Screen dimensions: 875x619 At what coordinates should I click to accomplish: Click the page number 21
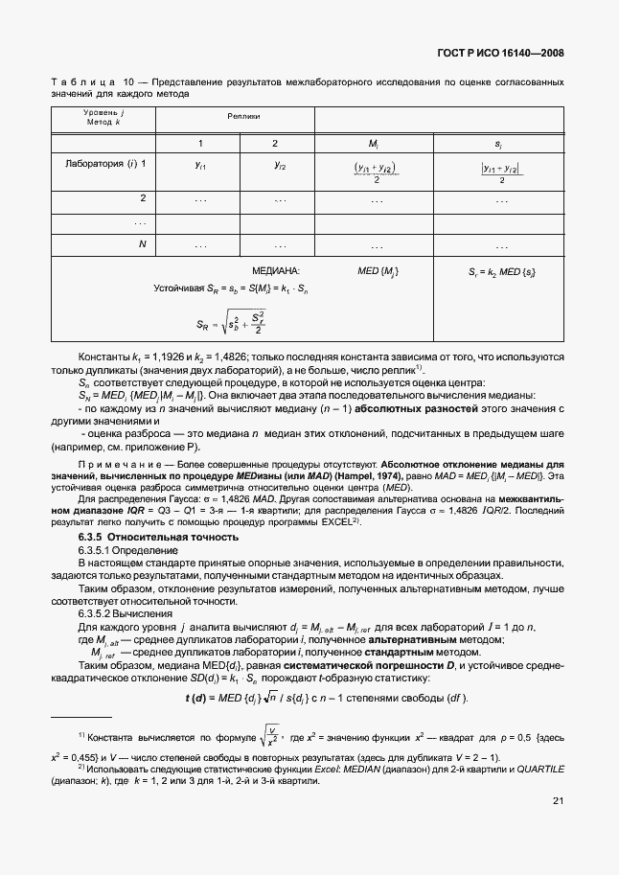click(x=557, y=826)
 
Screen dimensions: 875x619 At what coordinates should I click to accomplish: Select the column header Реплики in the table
click(x=243, y=116)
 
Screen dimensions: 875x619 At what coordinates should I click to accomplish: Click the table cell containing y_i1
click(x=199, y=165)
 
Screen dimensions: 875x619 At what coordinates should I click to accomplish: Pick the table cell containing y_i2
click(x=275, y=165)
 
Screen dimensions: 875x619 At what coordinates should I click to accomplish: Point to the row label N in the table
click(x=142, y=244)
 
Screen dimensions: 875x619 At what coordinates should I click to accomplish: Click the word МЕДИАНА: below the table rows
click(x=276, y=272)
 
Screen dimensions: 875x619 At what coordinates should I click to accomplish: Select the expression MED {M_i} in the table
click(x=378, y=272)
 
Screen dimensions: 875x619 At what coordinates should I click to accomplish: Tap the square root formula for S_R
click(x=230, y=324)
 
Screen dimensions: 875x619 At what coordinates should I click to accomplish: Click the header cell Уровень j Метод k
click(x=105, y=119)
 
